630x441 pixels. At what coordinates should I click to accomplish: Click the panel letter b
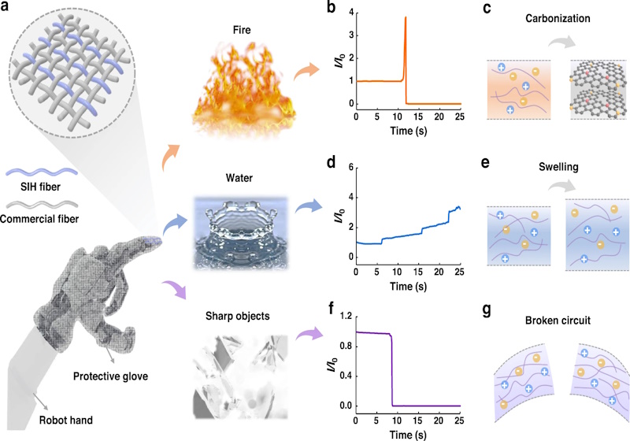[331, 7]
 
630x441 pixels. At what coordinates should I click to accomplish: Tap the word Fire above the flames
[242, 30]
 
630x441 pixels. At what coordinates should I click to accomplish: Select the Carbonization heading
[558, 18]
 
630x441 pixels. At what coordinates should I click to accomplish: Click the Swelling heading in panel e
[558, 167]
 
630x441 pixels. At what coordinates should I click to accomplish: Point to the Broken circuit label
[558, 321]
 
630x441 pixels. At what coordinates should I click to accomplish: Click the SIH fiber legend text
[40, 187]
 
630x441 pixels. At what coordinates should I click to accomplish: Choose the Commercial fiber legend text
[39, 219]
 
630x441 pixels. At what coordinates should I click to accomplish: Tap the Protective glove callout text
[110, 376]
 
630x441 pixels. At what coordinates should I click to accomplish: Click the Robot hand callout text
[66, 421]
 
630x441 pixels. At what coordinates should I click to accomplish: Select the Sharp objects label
[238, 316]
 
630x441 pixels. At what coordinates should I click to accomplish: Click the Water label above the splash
[239, 178]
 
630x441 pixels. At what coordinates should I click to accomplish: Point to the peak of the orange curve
[406, 17]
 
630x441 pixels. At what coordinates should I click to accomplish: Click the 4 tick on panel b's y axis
[351, 13]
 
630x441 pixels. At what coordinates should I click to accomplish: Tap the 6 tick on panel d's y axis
[351, 168]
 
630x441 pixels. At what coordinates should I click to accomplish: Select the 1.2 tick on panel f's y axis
[346, 317]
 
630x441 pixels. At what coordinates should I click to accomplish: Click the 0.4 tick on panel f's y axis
[346, 376]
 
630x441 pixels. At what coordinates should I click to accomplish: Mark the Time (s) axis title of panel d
[408, 287]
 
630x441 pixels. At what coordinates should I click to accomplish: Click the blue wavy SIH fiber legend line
[42, 172]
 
